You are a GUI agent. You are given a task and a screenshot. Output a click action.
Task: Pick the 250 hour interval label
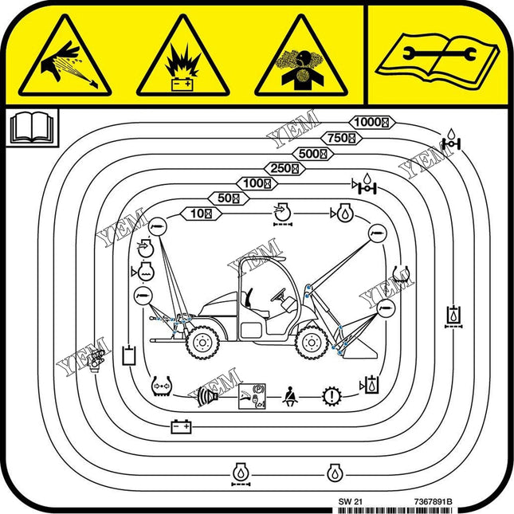pyautogui.click(x=284, y=168)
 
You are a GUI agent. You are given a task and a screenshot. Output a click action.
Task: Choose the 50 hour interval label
pyautogui.click(x=228, y=198)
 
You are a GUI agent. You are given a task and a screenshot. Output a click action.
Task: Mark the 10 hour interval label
pyautogui.click(x=201, y=213)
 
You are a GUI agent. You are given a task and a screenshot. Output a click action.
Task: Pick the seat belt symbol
pyautogui.click(x=288, y=394)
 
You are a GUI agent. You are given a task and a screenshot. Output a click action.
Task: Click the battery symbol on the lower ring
pyautogui.click(x=182, y=427)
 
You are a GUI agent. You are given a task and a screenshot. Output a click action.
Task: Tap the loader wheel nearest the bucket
pyautogui.click(x=309, y=342)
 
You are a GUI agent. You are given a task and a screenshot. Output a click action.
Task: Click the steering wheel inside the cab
pyautogui.click(x=281, y=295)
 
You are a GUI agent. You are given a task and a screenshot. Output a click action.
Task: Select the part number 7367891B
pyautogui.click(x=433, y=501)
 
